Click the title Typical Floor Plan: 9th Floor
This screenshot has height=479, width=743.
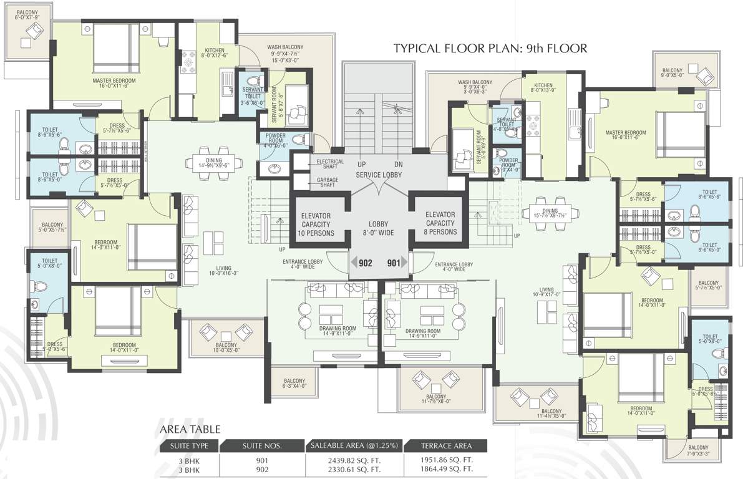click(x=490, y=48)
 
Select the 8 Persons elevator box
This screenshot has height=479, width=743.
click(x=440, y=223)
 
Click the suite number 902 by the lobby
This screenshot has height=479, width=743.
click(x=366, y=263)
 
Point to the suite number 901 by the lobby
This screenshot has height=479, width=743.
click(x=394, y=263)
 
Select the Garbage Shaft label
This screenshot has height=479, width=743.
click(x=323, y=182)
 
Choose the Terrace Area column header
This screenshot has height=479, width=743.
click(x=445, y=446)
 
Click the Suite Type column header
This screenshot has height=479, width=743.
click(x=189, y=446)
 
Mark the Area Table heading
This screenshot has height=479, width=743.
click(x=190, y=430)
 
